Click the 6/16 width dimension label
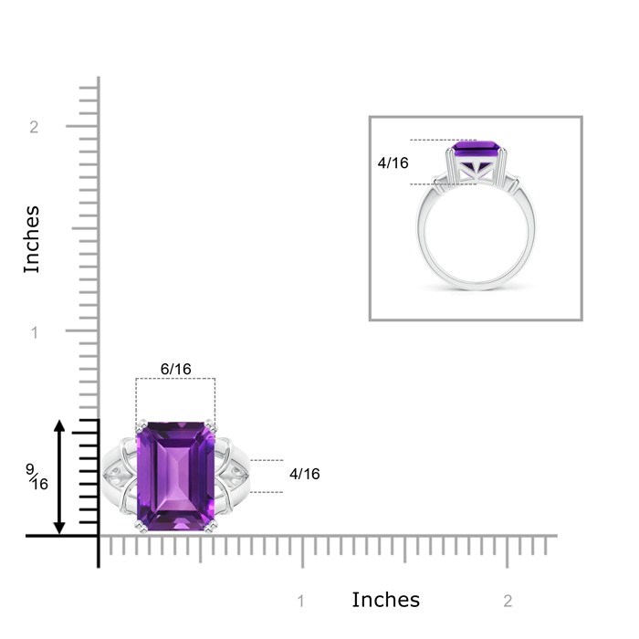(175, 369)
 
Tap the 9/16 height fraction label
(37, 477)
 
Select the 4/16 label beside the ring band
(304, 474)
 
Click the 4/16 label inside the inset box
(393, 163)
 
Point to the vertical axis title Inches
(32, 239)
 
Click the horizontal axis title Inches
(385, 600)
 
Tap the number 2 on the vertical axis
(34, 127)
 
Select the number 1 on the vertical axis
(35, 332)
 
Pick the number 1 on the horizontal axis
(300, 601)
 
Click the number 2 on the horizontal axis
(508, 601)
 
